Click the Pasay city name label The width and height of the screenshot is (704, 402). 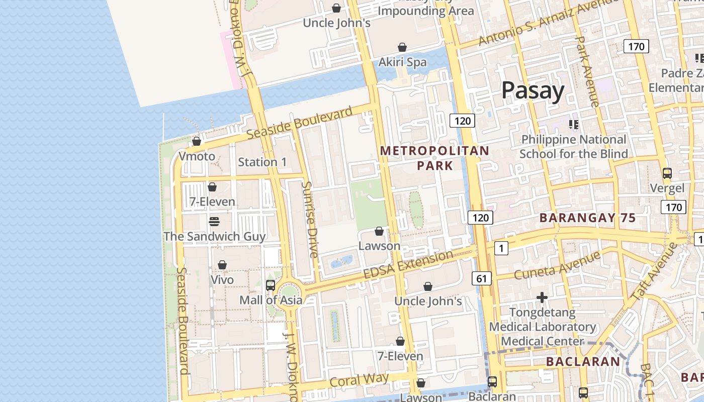click(x=533, y=91)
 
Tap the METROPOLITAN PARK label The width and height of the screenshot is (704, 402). click(x=434, y=158)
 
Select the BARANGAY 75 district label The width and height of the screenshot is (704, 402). click(x=587, y=218)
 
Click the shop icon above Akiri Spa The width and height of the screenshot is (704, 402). click(x=402, y=47)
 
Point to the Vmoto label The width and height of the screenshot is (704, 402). click(x=197, y=156)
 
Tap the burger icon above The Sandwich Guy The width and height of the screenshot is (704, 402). click(x=214, y=222)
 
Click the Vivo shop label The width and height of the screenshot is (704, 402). click(x=222, y=279)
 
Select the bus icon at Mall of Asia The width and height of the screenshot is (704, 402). click(x=270, y=285)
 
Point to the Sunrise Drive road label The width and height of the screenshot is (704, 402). click(x=310, y=220)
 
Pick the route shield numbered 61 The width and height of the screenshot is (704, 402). click(x=482, y=278)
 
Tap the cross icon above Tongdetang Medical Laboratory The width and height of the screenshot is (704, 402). click(x=542, y=297)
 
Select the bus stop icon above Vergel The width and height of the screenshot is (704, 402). click(x=667, y=173)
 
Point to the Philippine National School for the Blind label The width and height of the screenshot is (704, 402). click(x=573, y=146)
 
